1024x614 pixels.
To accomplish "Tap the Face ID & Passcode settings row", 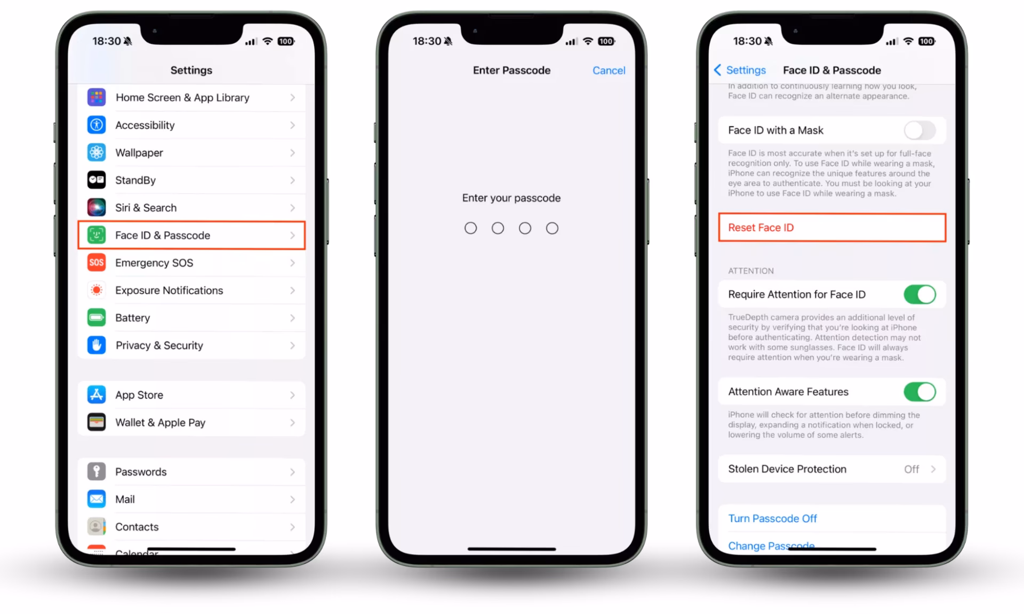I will [x=191, y=235].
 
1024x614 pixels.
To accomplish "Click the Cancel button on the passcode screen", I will [x=609, y=70].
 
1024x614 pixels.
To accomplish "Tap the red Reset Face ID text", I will [x=761, y=228].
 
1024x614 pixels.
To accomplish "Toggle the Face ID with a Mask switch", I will [x=919, y=131].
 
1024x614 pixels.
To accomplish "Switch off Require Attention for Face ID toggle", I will [x=919, y=295].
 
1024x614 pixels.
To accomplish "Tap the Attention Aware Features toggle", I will [x=919, y=392].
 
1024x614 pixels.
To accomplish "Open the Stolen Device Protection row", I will [x=831, y=469].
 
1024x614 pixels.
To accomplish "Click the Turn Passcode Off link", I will [x=772, y=519].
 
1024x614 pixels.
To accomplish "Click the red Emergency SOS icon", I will [x=97, y=263].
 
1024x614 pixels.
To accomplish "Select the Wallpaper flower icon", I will [x=97, y=153].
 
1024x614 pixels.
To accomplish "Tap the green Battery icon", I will [x=97, y=318].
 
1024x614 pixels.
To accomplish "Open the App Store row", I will [x=191, y=395].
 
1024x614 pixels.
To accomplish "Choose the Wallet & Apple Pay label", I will [x=160, y=423].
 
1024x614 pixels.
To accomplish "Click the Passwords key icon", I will [x=97, y=472].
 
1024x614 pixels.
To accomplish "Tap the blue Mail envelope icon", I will [x=97, y=499].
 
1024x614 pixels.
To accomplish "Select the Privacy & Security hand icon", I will [x=97, y=345].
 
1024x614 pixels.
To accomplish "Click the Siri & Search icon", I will [x=97, y=208].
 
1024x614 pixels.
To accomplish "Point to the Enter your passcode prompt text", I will [x=511, y=198].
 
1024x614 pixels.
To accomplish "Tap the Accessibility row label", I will [x=145, y=125].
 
